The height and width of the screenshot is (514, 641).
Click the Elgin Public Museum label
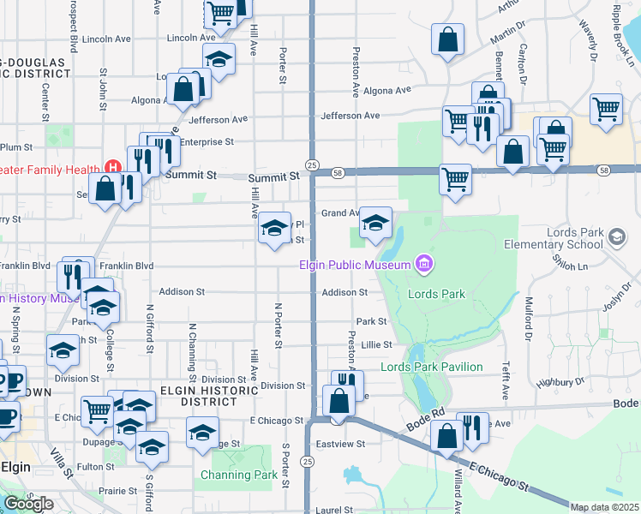pyautogui.click(x=355, y=265)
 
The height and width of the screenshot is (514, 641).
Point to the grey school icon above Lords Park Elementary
pyautogui.click(x=616, y=235)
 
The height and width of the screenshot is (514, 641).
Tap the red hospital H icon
pyautogui.click(x=111, y=165)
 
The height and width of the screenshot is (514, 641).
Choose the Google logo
pyautogui.click(x=28, y=504)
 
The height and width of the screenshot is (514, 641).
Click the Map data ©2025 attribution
pyautogui.click(x=605, y=507)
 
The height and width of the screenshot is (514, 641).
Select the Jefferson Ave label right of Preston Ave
pyautogui.click(x=350, y=116)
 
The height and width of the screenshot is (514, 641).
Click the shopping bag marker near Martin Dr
pyautogui.click(x=447, y=39)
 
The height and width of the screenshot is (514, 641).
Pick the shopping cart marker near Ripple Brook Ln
pyautogui.click(x=606, y=109)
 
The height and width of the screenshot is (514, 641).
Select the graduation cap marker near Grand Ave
pyautogui.click(x=374, y=224)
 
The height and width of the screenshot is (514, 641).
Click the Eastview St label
pyautogui.click(x=343, y=445)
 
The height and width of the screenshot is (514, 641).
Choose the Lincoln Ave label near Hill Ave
pyautogui.click(x=191, y=38)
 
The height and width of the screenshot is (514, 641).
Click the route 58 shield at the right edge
pyautogui.click(x=605, y=171)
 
